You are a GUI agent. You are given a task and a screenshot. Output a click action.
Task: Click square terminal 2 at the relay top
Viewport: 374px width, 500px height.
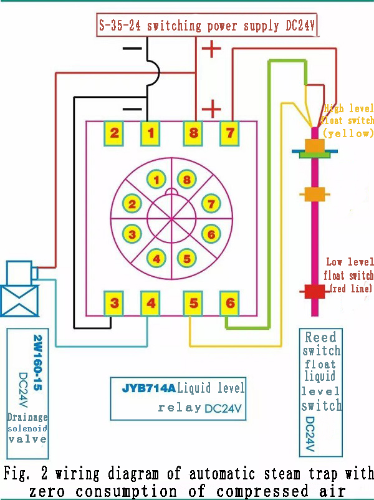115,132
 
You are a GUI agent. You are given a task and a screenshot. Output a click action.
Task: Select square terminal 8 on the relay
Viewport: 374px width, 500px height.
193,132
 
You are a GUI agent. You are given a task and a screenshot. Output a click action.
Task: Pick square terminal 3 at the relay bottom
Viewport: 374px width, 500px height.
115,304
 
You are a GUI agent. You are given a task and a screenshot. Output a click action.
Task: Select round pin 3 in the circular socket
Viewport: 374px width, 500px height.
132,234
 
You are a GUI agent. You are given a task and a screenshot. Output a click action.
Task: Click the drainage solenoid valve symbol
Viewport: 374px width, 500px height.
19,290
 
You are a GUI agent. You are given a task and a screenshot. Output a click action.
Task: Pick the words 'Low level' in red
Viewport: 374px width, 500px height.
350,262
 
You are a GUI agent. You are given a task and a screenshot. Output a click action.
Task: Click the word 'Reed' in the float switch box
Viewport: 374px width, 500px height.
320,338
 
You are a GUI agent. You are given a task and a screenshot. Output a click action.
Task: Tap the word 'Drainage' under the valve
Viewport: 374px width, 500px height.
27,416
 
